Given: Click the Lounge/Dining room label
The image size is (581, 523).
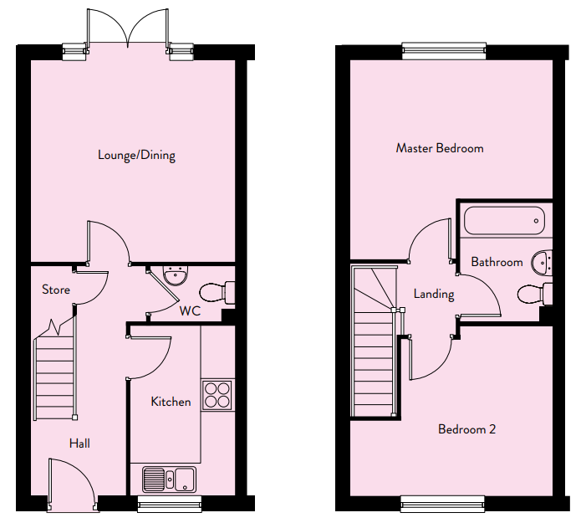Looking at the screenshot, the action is tap(136, 155).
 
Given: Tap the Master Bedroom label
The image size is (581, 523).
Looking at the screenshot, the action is tap(440, 148).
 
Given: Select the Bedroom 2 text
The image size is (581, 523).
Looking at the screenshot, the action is tap(466, 429).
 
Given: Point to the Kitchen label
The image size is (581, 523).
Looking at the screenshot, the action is tap(171, 402).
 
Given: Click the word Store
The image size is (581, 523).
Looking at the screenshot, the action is tap(56, 290).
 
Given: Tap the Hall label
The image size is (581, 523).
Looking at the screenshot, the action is tap(79, 444).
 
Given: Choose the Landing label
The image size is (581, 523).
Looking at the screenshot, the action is tap(434, 295).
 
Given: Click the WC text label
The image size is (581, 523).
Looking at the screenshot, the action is tap(190, 310).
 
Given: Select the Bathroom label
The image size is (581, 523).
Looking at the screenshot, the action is tap(497, 262).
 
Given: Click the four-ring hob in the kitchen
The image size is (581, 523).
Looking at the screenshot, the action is tap(217, 395).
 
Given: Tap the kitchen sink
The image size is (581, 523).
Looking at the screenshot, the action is tap(170, 479).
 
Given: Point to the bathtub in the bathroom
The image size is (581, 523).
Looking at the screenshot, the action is tap(504, 221).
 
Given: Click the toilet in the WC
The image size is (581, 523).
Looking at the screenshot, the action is tap(217, 293).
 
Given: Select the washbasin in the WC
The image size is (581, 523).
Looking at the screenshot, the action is tap(176, 275).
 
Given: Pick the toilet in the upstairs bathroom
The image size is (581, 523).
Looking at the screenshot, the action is tap(535, 295).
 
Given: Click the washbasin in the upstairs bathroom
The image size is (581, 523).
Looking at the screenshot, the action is tap(542, 263).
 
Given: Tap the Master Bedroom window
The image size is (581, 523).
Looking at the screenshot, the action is tap(444, 51).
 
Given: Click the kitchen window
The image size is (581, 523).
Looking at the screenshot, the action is tap(170, 504).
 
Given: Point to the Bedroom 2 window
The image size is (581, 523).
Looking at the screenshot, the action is tap(443, 504).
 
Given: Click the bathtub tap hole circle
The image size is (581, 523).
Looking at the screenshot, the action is tap(536, 221).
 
